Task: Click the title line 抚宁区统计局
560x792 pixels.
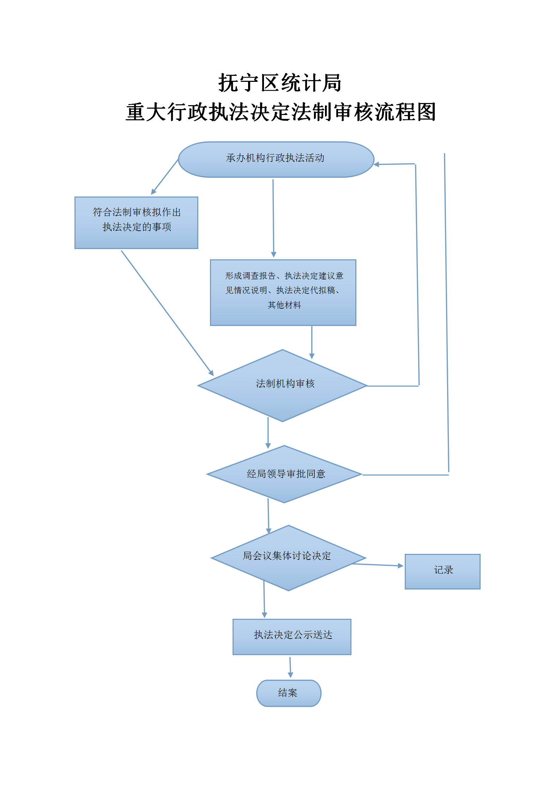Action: (x=280, y=83)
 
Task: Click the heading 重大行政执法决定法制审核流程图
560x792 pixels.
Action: (x=281, y=112)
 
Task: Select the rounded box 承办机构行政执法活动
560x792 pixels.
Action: (x=276, y=159)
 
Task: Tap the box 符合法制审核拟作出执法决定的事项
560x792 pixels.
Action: (x=136, y=223)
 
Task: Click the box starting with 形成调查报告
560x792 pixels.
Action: (x=283, y=292)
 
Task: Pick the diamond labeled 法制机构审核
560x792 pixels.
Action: (x=282, y=386)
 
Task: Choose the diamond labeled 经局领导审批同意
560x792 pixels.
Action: (x=284, y=474)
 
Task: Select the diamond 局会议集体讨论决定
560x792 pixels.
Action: (x=289, y=558)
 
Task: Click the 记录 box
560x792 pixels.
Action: (x=442, y=572)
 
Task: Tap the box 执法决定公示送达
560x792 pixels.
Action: (x=292, y=637)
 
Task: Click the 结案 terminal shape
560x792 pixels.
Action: (x=289, y=693)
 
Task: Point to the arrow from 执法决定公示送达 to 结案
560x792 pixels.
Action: (x=290, y=667)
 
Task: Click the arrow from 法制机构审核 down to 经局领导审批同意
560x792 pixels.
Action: (x=268, y=433)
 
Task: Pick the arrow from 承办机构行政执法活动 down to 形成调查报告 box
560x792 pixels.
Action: (x=273, y=218)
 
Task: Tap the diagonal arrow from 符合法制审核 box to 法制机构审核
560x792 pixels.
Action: (x=167, y=313)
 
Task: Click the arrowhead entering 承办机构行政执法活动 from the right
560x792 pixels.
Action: (x=376, y=164)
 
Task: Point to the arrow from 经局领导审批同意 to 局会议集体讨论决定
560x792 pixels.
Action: (x=269, y=516)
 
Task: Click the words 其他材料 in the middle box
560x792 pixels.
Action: (x=284, y=305)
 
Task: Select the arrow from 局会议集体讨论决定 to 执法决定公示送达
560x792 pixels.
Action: (x=264, y=599)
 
